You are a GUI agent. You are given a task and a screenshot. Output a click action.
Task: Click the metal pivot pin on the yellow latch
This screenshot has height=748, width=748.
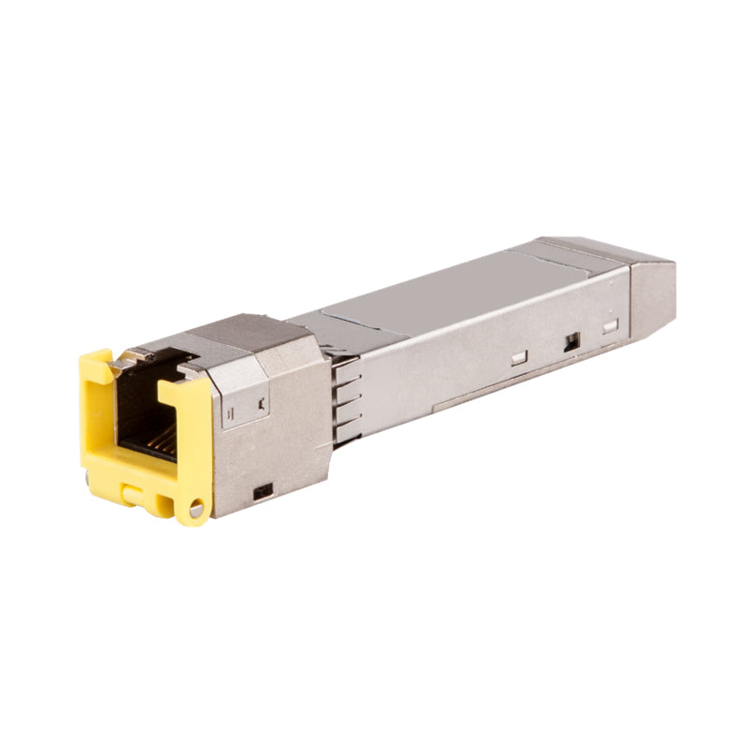click(x=194, y=510)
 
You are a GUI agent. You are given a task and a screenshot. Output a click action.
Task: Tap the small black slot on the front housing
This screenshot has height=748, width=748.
click(x=264, y=490)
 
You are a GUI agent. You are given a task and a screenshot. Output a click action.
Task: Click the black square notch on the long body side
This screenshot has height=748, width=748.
click(x=569, y=343)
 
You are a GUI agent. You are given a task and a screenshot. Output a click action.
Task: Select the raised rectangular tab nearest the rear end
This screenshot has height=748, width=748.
click(x=611, y=327)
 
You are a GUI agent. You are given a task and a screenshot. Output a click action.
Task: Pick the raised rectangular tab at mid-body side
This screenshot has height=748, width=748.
click(x=519, y=357)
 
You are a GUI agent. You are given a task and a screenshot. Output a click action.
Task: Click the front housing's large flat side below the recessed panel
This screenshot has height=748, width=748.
click(x=280, y=449)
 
